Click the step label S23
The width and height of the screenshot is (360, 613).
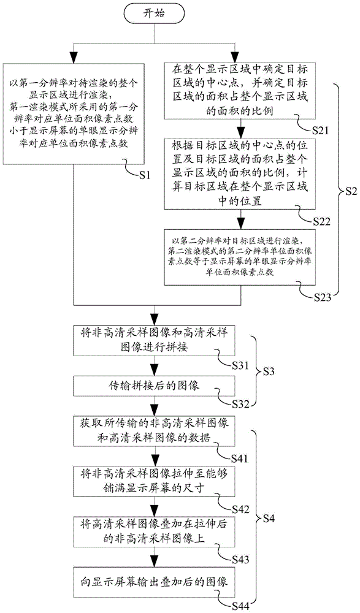point(321,297)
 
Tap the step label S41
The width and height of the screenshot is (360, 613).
point(240,459)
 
